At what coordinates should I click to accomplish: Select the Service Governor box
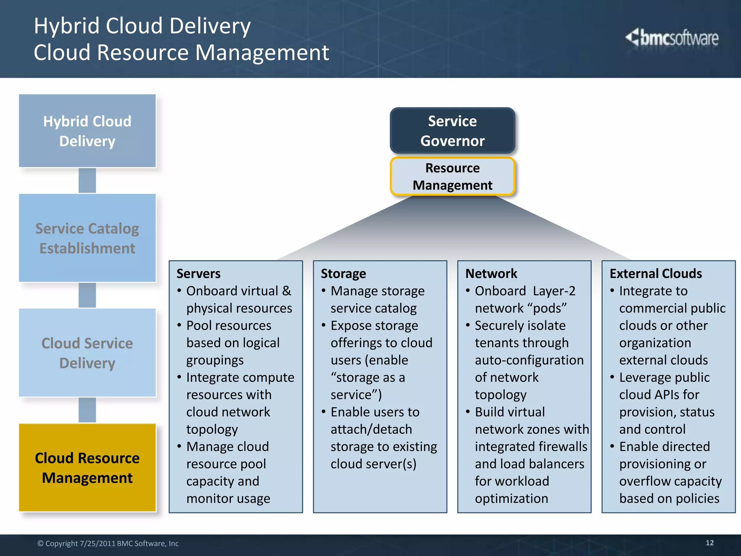click(452, 131)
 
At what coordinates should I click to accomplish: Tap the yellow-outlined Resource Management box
click(452, 177)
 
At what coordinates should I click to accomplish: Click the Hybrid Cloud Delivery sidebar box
click(87, 131)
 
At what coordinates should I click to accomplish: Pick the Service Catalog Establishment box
click(87, 238)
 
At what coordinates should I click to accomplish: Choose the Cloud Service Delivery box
click(87, 353)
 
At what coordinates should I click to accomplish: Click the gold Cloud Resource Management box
click(87, 468)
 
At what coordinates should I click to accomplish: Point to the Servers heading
click(198, 274)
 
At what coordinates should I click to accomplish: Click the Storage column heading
click(343, 274)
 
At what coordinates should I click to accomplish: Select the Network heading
click(491, 274)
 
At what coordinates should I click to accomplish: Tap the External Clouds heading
click(656, 274)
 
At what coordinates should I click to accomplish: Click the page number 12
click(710, 543)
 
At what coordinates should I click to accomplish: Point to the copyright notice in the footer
click(108, 543)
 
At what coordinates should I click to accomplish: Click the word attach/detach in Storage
click(371, 429)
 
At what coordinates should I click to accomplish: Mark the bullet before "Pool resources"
click(179, 325)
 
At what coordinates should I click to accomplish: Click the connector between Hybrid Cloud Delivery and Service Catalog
click(87, 180)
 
